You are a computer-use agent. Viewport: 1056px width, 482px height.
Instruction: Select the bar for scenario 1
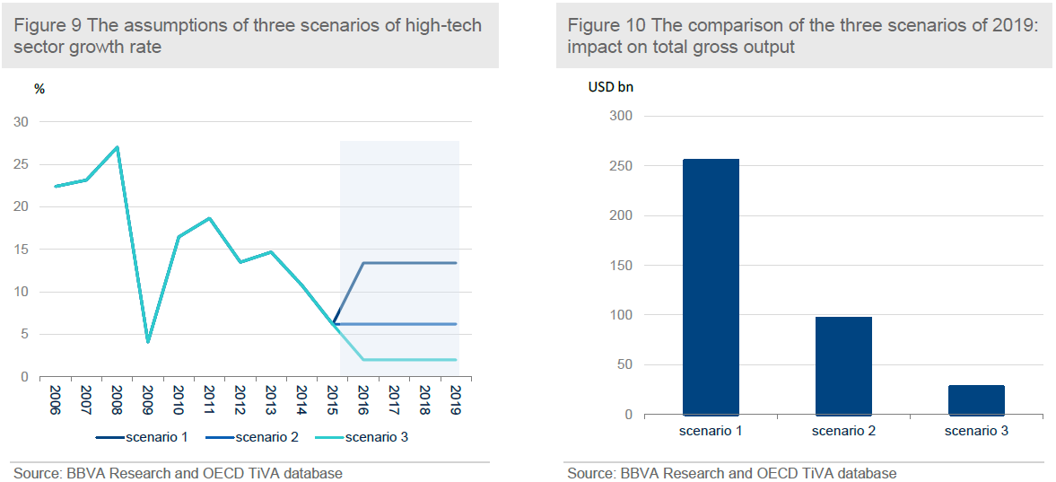click(711, 287)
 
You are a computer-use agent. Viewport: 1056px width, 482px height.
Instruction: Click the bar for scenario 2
click(843, 366)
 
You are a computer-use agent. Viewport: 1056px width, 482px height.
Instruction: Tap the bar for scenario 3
click(976, 400)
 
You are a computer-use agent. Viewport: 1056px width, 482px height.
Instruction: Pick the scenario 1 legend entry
click(140, 438)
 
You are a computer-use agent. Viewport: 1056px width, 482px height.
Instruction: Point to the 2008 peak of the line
click(118, 147)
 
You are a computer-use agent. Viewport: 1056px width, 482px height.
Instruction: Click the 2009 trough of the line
click(148, 342)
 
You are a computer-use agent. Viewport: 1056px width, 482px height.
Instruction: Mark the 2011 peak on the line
click(209, 218)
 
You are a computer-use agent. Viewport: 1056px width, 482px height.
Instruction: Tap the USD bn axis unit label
click(612, 87)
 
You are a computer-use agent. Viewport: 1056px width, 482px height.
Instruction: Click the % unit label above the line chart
click(39, 88)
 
